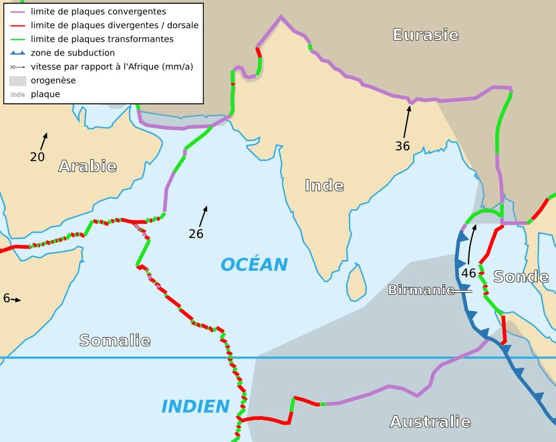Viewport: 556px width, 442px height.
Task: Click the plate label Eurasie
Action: [426, 35]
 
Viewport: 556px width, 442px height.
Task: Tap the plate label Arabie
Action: [88, 167]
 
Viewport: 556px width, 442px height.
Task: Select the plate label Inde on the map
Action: [324, 186]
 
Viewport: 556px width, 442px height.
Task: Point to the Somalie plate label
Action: [115, 340]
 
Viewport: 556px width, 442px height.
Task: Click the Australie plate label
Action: [430, 422]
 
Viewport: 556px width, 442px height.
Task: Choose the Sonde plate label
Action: [521, 277]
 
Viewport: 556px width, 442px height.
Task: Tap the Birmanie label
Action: [418, 290]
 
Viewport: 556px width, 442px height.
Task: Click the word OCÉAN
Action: [254, 265]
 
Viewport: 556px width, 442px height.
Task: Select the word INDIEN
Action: [195, 406]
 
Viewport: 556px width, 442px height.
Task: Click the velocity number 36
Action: [402, 146]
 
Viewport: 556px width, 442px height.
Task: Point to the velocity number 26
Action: [196, 234]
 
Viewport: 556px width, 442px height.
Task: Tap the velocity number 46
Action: [468, 273]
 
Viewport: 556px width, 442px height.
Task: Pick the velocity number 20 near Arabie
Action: [37, 157]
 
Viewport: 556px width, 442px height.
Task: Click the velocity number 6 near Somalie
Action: [7, 299]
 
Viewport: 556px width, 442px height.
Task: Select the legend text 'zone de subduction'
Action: [73, 53]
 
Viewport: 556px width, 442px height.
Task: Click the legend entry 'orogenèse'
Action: [53, 80]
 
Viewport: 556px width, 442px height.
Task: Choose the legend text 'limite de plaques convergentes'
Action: [98, 11]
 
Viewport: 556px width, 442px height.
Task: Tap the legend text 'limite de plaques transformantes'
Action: [102, 39]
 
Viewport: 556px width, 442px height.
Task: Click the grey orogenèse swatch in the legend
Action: [17, 80]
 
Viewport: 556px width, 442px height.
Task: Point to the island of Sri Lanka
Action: [356, 282]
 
